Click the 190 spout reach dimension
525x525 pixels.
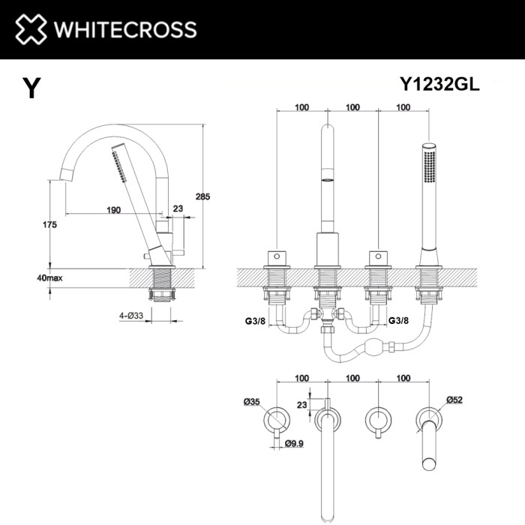[114, 210]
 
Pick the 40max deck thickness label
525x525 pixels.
[49, 277]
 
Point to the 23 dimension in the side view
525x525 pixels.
[178, 210]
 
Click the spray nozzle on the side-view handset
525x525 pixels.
[118, 161]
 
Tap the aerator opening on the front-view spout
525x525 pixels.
[327, 180]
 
